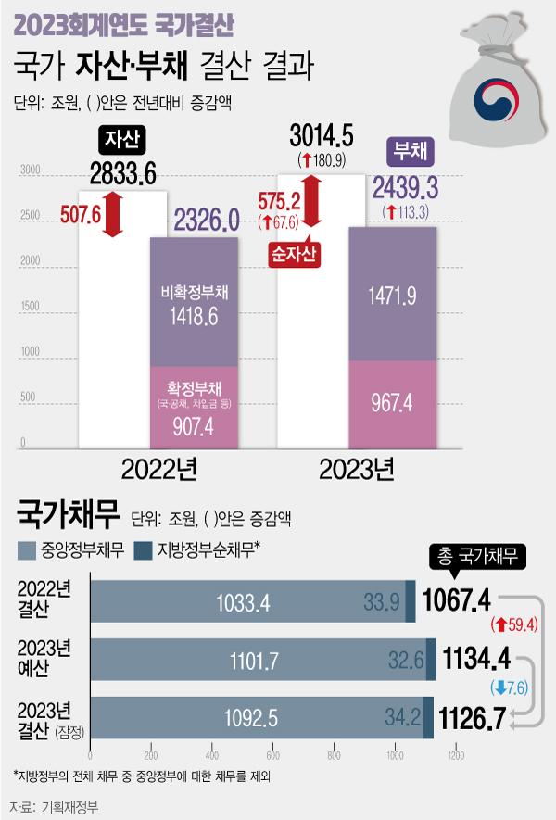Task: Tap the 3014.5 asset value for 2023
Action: pyautogui.click(x=322, y=137)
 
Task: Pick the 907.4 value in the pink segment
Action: pyautogui.click(x=193, y=428)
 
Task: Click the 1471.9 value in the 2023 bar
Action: pyautogui.click(x=393, y=296)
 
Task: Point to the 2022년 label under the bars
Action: pyautogui.click(x=158, y=470)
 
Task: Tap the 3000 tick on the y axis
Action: pyautogui.click(x=30, y=170)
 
